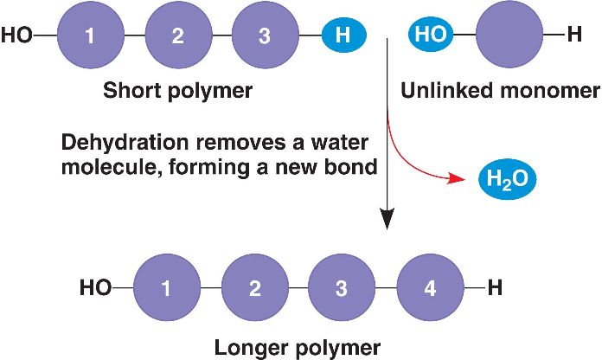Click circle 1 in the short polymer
(x=90, y=35)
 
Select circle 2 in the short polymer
(x=177, y=35)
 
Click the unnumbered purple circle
(x=510, y=35)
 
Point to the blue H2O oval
(x=508, y=180)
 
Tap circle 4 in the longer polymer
(x=430, y=288)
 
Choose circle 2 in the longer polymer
(x=254, y=288)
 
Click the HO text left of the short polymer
(x=17, y=35)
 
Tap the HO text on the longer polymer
(x=94, y=288)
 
